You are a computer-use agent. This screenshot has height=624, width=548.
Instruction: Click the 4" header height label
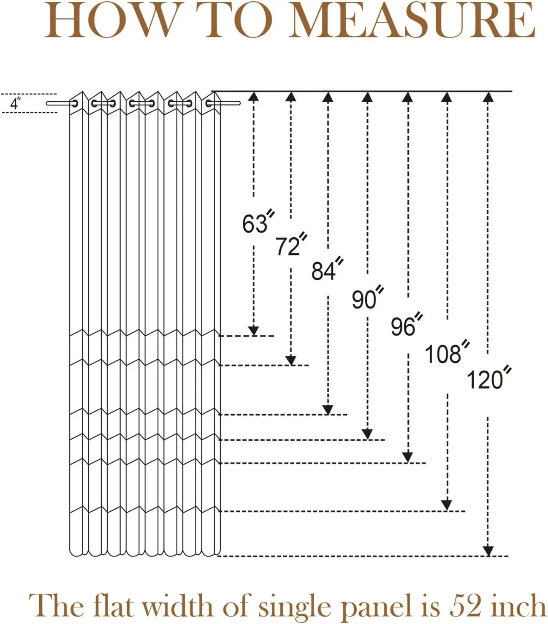coord(16,103)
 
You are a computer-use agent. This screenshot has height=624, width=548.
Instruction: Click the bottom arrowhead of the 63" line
coord(253,331)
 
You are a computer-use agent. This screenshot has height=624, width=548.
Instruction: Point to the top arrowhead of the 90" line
coord(367,97)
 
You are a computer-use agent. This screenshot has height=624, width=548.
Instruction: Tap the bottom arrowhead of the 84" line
coord(328,410)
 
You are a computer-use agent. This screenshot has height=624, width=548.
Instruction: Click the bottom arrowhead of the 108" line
coord(447,505)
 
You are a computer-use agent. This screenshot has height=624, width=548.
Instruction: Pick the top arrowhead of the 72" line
coord(290,97)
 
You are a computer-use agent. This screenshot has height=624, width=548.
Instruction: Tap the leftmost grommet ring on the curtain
coord(74,103)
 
